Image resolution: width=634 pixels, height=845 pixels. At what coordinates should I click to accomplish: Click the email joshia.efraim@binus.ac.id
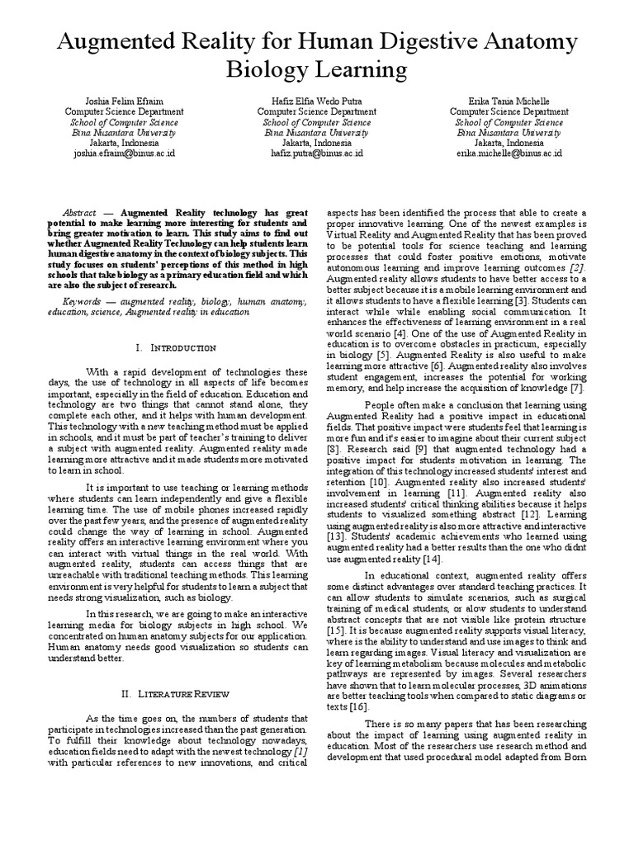pos(116,153)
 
